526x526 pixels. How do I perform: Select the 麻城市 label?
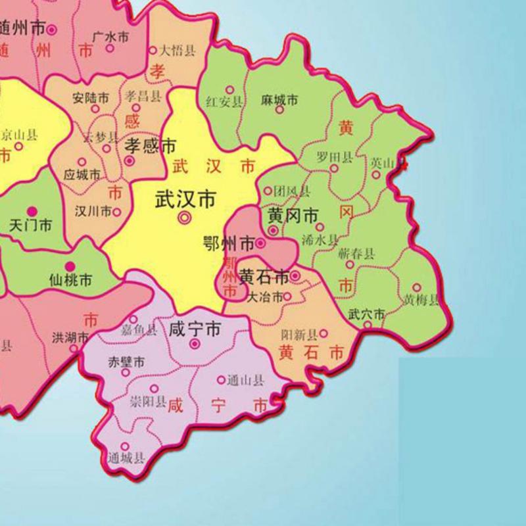[279, 99]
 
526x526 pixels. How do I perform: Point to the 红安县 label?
[224, 102]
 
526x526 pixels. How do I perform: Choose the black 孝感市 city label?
[151, 145]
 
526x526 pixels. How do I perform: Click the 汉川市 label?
[93, 212]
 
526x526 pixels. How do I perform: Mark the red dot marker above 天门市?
[35, 211]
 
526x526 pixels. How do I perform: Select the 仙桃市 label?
[70, 281]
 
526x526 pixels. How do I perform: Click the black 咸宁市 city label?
[195, 329]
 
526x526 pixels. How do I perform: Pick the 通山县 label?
[245, 380]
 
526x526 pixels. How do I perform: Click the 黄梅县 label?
[421, 301]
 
